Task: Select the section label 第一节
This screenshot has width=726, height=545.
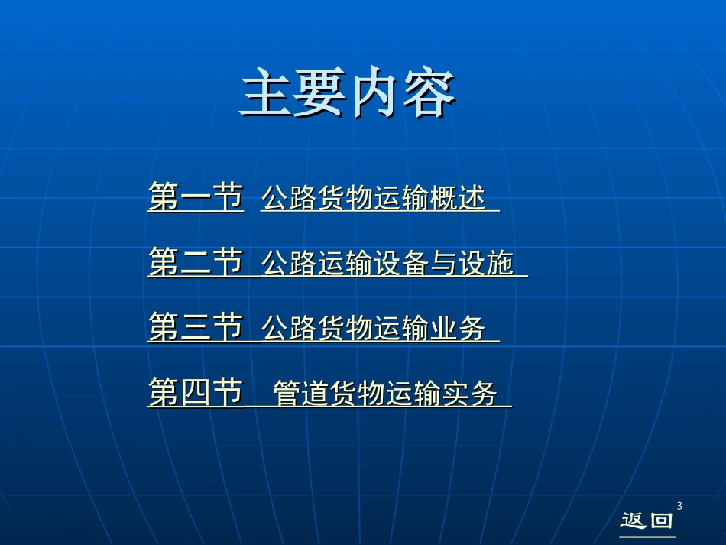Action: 196,197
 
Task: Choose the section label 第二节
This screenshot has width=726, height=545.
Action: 196,263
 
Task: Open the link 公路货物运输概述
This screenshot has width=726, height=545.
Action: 374,198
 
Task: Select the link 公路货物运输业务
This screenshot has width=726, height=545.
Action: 374,329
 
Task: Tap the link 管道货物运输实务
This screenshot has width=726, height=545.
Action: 385,394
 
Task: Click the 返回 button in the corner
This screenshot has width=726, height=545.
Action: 647,521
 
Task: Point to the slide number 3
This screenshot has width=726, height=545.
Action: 679,505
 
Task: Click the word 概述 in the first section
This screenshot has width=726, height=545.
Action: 459,198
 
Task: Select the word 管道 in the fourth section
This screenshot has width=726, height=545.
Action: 299,394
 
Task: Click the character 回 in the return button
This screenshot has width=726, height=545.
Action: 661,521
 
